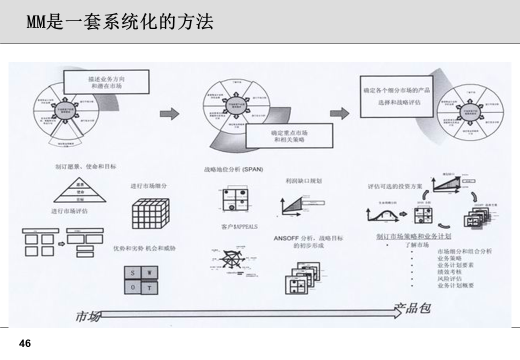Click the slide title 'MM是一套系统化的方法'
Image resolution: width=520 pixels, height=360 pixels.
point(120,21)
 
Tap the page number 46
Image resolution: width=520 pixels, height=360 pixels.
point(24,344)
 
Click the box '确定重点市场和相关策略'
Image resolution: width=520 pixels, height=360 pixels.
point(289,136)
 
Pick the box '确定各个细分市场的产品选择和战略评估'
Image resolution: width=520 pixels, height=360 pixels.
point(396,96)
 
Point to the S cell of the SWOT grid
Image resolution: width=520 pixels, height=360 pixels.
point(133,273)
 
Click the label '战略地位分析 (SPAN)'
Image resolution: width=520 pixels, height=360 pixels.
point(233,169)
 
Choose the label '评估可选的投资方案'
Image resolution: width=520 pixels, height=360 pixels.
point(395,186)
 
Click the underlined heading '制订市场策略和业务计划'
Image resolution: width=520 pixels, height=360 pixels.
point(413,236)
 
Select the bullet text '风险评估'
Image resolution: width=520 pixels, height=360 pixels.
point(449,278)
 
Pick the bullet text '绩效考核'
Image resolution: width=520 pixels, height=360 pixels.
point(449,271)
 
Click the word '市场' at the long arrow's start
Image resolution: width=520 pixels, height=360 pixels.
point(87,316)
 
